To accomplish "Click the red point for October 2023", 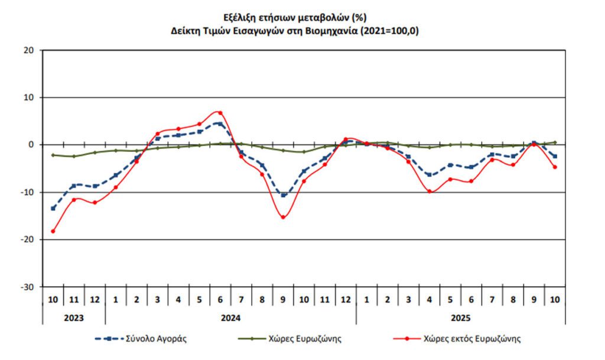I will pyautogui.click(x=53, y=231).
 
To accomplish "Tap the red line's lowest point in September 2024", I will pyautogui.click(x=283, y=217).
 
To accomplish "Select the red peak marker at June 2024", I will pyautogui.click(x=220, y=112).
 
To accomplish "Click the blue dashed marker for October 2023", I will pyautogui.click(x=53, y=208).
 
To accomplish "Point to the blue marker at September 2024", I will pyautogui.click(x=283, y=195).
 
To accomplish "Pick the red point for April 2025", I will pyautogui.click(x=430, y=192).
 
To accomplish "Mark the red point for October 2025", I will pyautogui.click(x=555, y=167).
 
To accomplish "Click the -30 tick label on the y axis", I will pyautogui.click(x=28, y=287).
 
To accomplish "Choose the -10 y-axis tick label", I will pyautogui.click(x=28, y=192).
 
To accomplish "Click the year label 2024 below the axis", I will pyautogui.click(x=230, y=317).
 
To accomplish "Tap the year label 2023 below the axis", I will pyautogui.click(x=74, y=317).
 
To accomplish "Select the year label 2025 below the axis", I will pyautogui.click(x=461, y=317).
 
